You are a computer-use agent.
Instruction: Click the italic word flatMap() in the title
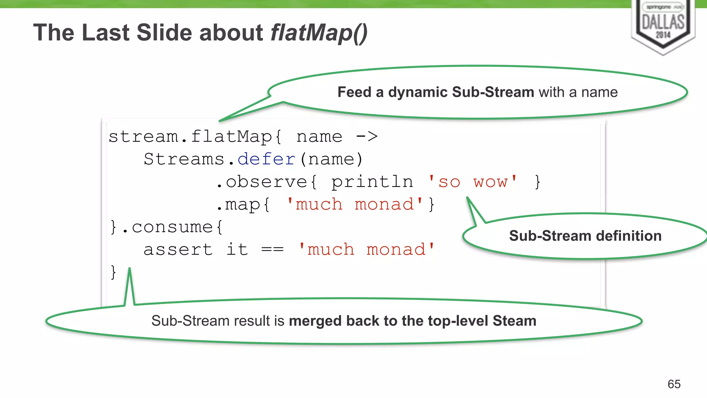[x=319, y=33]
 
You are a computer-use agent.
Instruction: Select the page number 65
[x=674, y=384]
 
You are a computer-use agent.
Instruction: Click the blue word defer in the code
[x=267, y=159]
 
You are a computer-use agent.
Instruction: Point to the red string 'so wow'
[x=473, y=182]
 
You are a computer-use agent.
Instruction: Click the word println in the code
[x=372, y=182]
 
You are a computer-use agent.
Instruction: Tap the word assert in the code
[x=178, y=249]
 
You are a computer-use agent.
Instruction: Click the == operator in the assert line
[x=272, y=249]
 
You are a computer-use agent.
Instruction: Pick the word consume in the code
[x=172, y=227]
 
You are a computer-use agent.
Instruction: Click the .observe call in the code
[x=262, y=182]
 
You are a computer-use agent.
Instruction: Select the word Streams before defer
[x=184, y=159]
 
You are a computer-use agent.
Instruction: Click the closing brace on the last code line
[x=113, y=272]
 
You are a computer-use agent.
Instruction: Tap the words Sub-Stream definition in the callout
[x=585, y=236]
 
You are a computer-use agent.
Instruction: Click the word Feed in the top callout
[x=354, y=92]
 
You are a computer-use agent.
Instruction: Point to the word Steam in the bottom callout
[x=514, y=321]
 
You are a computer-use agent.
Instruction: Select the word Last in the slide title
[x=106, y=33]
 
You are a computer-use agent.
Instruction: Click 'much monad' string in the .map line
[x=355, y=205]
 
